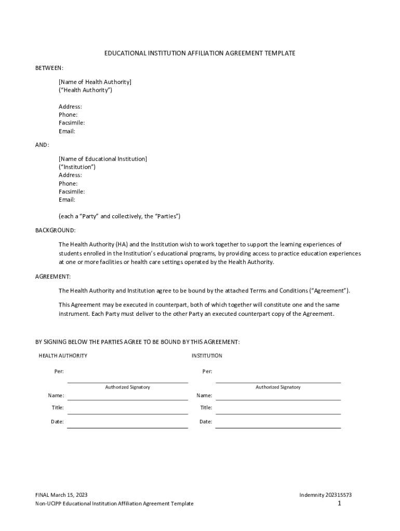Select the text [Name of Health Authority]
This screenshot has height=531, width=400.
click(95, 82)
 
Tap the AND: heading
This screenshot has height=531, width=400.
click(42, 145)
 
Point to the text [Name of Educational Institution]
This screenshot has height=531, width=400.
click(103, 159)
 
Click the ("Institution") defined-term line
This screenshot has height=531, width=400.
click(77, 167)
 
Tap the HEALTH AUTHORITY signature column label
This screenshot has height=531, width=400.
click(63, 356)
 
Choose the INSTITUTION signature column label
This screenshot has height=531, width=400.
click(207, 356)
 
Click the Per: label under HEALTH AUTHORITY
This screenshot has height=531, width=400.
click(59, 371)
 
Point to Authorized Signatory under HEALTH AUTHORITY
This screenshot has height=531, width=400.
click(127, 387)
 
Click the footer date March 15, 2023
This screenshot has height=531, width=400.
click(65, 495)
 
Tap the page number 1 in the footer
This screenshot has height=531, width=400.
click(339, 504)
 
